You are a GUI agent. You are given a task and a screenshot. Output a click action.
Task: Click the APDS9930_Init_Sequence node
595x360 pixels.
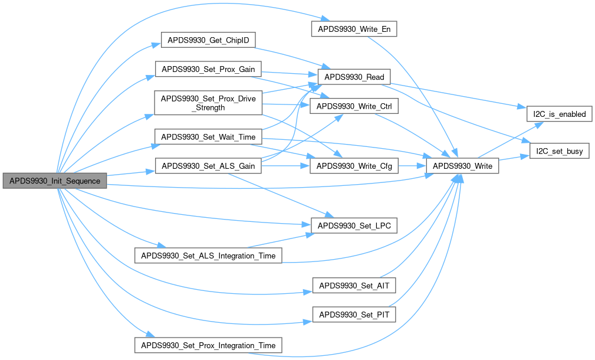(x=55, y=181)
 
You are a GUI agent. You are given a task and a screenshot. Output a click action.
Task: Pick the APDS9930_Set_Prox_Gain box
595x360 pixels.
(x=208, y=69)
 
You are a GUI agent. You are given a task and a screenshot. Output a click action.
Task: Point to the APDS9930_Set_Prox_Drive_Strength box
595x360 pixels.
(x=208, y=103)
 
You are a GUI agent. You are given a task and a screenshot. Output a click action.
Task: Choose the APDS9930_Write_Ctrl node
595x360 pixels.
(x=354, y=106)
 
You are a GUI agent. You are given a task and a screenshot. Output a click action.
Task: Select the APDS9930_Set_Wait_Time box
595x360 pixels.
(x=208, y=137)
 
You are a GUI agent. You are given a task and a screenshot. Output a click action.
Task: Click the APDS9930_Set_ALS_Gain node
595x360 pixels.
(x=208, y=166)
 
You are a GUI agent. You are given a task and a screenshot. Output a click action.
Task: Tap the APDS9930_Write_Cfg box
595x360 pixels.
(x=354, y=166)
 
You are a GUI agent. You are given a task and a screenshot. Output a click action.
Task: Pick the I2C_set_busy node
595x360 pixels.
(x=560, y=151)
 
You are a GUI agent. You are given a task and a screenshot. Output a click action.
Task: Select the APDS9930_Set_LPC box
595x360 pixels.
(x=354, y=225)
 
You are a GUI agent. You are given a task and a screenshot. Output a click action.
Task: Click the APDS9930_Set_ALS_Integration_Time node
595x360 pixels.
(x=208, y=255)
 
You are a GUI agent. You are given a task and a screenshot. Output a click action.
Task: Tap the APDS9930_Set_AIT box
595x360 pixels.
(x=354, y=286)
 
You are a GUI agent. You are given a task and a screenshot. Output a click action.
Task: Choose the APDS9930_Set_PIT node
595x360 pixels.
(x=354, y=315)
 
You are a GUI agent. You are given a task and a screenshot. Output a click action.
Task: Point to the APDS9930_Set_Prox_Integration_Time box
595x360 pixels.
(x=208, y=345)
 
